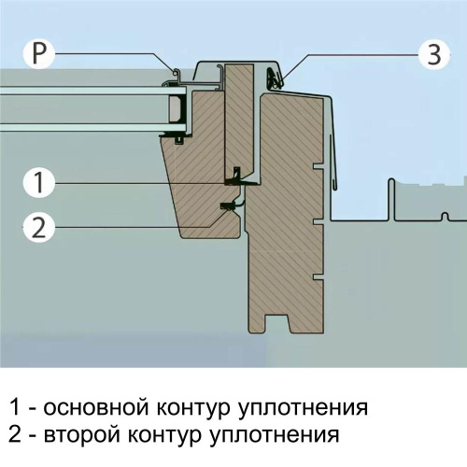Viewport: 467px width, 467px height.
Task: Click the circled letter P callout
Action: tap(37, 54)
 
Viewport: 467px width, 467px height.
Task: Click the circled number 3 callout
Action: tap(432, 54)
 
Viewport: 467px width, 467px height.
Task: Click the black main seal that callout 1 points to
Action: tap(235, 175)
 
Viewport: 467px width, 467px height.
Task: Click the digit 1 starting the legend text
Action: tap(13, 408)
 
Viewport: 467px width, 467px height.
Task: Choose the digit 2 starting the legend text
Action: tap(14, 434)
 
